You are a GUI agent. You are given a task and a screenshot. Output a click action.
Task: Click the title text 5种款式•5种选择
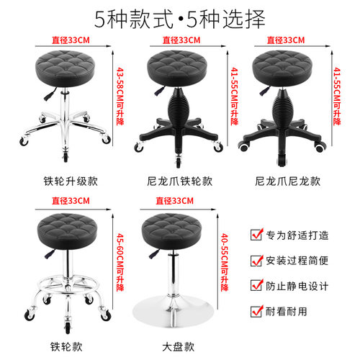point(180,15)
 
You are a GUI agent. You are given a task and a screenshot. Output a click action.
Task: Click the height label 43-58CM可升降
point(120,94)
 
